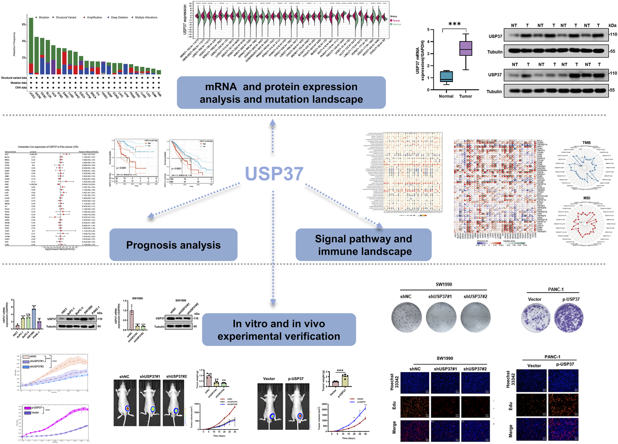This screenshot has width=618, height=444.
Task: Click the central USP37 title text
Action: [x=274, y=173]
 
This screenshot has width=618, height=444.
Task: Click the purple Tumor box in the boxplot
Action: [x=465, y=48]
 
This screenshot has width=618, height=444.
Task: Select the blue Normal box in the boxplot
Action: [x=446, y=76]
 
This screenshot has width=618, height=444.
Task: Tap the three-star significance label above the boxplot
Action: [x=454, y=24]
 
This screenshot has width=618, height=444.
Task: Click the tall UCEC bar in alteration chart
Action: [x=31, y=45]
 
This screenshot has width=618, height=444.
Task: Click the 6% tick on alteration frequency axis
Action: [x=24, y=24]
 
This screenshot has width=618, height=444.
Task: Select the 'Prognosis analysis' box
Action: [x=173, y=245]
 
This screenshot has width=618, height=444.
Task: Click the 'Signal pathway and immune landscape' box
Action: [x=363, y=245]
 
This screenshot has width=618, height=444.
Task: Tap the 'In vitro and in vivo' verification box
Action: [x=279, y=330]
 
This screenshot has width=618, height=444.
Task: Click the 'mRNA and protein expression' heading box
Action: [x=281, y=93]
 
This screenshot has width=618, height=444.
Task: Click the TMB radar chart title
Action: [x=586, y=142]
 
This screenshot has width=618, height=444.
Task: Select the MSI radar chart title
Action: [x=587, y=198]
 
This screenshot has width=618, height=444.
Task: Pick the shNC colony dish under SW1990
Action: [x=406, y=317]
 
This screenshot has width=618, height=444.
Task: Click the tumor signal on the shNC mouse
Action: [x=127, y=408]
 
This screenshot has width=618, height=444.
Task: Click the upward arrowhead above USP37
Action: [x=273, y=122]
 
